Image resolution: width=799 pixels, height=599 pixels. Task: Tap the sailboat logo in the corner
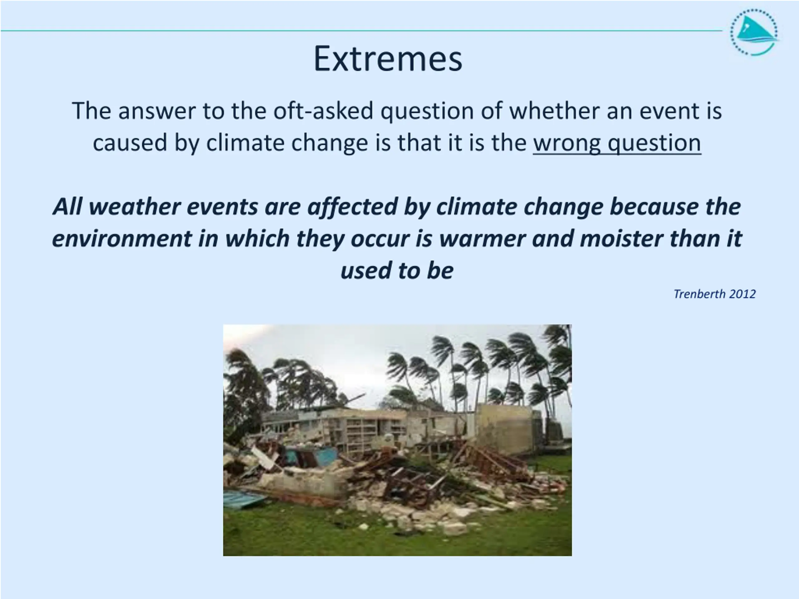(754, 32)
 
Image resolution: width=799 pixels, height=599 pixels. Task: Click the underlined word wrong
(567, 143)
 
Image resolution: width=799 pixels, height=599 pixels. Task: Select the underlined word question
(654, 143)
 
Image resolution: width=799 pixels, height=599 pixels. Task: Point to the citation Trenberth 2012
(714, 294)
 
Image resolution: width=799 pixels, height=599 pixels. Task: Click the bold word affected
(353, 207)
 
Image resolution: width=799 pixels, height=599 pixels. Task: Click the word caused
(130, 143)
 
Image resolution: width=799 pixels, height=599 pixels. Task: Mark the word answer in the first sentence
(157, 111)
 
